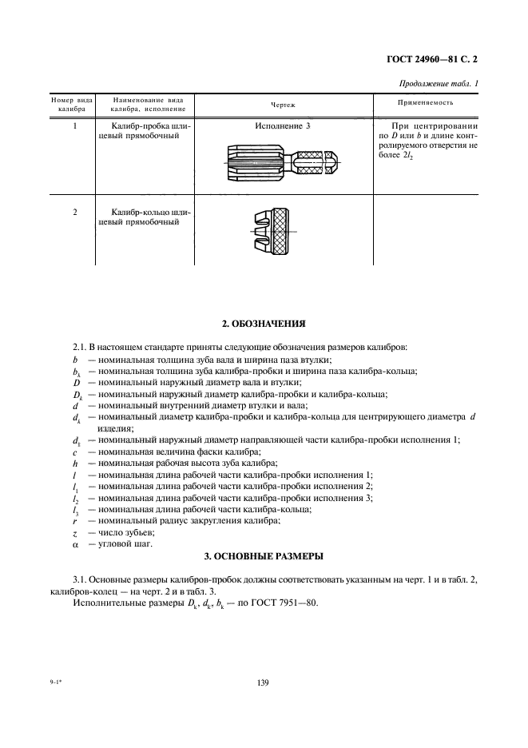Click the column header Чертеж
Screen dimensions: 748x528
[282, 104]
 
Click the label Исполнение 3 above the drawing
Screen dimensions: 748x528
[282, 126]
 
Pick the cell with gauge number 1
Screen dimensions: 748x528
[74, 126]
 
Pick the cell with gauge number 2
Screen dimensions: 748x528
[74, 212]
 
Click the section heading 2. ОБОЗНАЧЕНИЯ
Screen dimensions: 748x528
[263, 324]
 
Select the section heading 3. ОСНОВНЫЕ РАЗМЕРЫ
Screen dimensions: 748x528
[263, 555]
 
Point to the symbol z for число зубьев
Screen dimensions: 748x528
[74, 531]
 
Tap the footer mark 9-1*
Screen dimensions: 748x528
[50, 682]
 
